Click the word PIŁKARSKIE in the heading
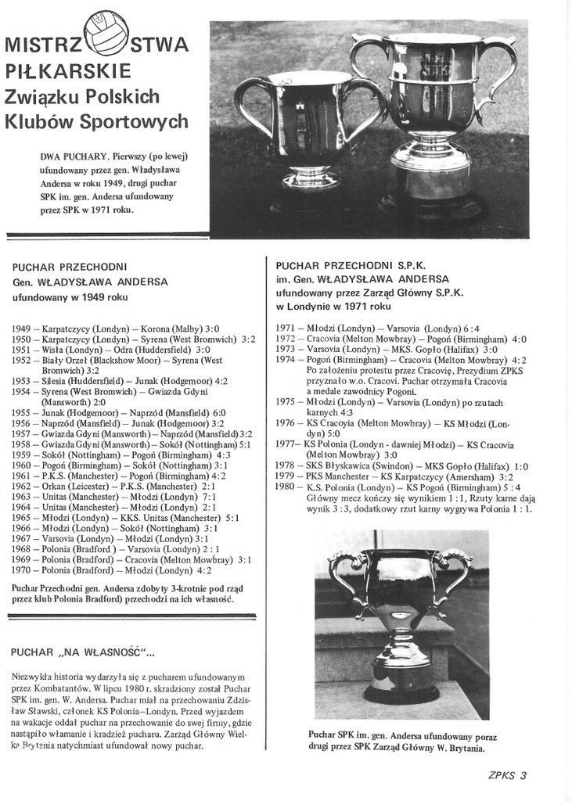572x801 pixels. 68,71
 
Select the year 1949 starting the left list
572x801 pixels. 21,329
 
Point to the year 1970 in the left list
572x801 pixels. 21,570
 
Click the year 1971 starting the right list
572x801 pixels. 286,329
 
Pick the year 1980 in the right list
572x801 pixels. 286,487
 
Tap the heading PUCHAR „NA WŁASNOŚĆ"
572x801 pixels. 83,651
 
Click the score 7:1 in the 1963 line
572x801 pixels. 207,496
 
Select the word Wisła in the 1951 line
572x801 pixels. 51,350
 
